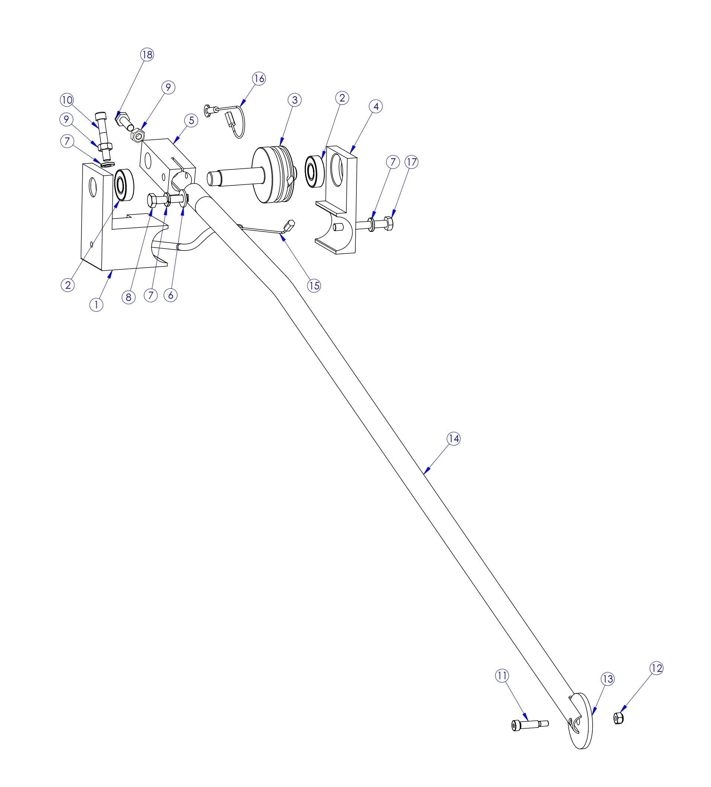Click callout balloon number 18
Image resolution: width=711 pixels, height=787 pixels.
pyautogui.click(x=147, y=54)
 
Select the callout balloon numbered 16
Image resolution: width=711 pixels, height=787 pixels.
pyautogui.click(x=259, y=78)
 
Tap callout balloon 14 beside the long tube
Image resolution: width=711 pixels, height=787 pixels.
pyautogui.click(x=454, y=438)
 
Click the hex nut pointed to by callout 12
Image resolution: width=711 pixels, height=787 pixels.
pyautogui.click(x=618, y=718)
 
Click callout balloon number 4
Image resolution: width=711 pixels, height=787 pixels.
pyautogui.click(x=375, y=106)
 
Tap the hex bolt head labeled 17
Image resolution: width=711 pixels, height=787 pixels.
pyautogui.click(x=389, y=224)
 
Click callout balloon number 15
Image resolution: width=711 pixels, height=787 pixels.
pyautogui.click(x=314, y=285)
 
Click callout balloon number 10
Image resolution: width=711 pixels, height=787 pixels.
pyautogui.click(x=67, y=100)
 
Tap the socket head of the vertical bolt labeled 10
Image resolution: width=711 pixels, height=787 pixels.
pyautogui.click(x=100, y=116)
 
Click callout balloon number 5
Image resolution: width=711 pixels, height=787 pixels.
pyautogui.click(x=191, y=120)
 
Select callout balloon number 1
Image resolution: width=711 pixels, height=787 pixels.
pyautogui.click(x=96, y=304)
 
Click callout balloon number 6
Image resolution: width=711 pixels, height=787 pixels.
pyautogui.click(x=170, y=295)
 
